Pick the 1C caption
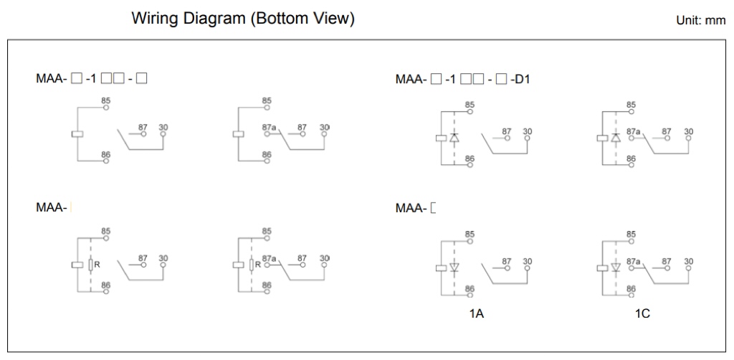pos(632,314)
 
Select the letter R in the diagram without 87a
pos(97,265)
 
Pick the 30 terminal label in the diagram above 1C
pos(689,261)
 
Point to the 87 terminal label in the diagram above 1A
pos(507,261)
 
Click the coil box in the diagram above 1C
pos(601,269)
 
